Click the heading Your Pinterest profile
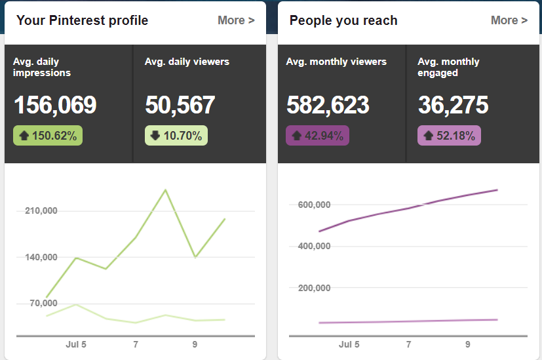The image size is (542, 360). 82,20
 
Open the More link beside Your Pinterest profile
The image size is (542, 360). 236,20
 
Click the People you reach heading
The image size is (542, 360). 343,20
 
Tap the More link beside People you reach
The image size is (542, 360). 509,20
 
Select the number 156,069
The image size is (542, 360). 55,105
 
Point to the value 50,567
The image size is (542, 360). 180,105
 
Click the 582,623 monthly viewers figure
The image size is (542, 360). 328,105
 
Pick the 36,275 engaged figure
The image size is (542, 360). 453,105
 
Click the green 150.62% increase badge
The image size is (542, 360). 48,136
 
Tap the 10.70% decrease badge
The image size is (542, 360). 176,136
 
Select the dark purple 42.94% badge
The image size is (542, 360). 318,136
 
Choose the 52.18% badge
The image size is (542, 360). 449,136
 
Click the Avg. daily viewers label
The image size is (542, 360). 187,62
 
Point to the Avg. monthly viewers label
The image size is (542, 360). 336,62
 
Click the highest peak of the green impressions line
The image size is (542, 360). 166,190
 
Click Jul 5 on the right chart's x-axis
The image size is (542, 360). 349,344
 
